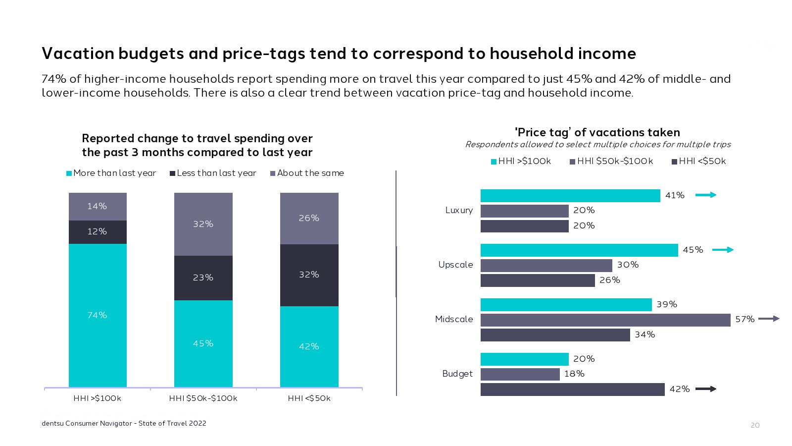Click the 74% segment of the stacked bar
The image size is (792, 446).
[98, 315]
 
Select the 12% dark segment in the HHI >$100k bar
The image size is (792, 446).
[98, 232]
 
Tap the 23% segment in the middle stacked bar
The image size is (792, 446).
[203, 278]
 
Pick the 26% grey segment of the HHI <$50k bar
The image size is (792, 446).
[309, 218]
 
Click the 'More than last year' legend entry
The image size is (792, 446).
[111, 173]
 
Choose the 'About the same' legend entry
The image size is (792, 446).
[307, 173]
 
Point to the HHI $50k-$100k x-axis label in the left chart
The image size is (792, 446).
[203, 398]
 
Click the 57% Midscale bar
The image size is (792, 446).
[605, 320]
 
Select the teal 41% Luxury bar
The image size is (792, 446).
[570, 196]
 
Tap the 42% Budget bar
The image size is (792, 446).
[572, 390]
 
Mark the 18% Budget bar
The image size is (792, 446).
[520, 374]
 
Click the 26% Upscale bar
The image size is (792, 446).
[538, 280]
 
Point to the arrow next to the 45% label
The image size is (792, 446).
[723, 250]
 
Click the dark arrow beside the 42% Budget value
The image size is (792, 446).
[705, 389]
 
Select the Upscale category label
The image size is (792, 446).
[455, 265]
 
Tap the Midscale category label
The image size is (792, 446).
[454, 319]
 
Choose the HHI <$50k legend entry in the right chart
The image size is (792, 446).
[698, 161]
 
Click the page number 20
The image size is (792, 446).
[755, 425]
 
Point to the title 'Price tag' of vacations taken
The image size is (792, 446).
[597, 132]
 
